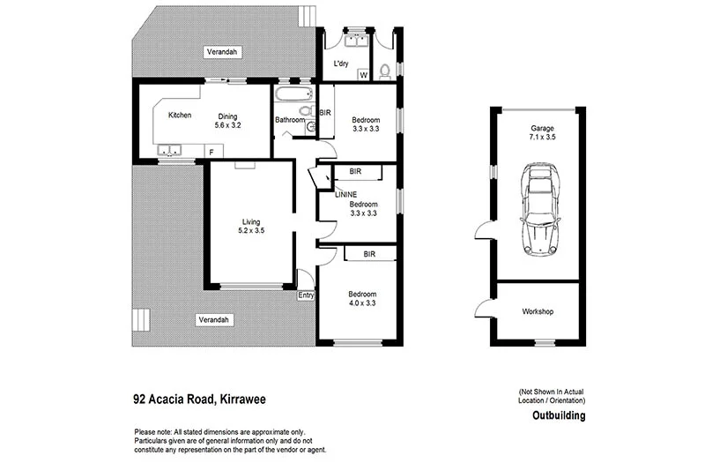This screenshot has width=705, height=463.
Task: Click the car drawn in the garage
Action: pos(540,209)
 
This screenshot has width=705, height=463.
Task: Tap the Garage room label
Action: pos(542,127)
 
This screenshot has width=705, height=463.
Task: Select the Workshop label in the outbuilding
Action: pos(538,312)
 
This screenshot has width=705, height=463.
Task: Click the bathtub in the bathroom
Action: pos(293,94)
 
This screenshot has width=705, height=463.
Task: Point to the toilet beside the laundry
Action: pos(384,71)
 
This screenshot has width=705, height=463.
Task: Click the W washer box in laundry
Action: pos(363,75)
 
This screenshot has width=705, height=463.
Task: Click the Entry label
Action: pos(306,295)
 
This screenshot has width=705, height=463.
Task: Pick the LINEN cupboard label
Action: pos(345,193)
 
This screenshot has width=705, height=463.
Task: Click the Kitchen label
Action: pos(180,116)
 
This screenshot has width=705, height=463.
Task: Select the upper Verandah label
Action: pos(222,52)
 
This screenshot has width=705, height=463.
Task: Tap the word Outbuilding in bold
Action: pos(559,415)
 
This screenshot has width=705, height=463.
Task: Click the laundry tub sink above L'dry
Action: pos(357,38)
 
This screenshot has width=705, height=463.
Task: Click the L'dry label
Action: pos(341,63)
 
